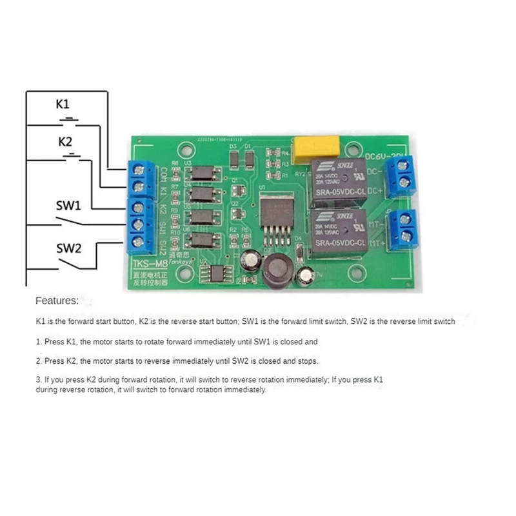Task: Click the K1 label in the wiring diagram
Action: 63,103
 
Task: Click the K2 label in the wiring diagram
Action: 65,141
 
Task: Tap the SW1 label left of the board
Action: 68,206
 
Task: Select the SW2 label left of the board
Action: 68,248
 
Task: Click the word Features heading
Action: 57,300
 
